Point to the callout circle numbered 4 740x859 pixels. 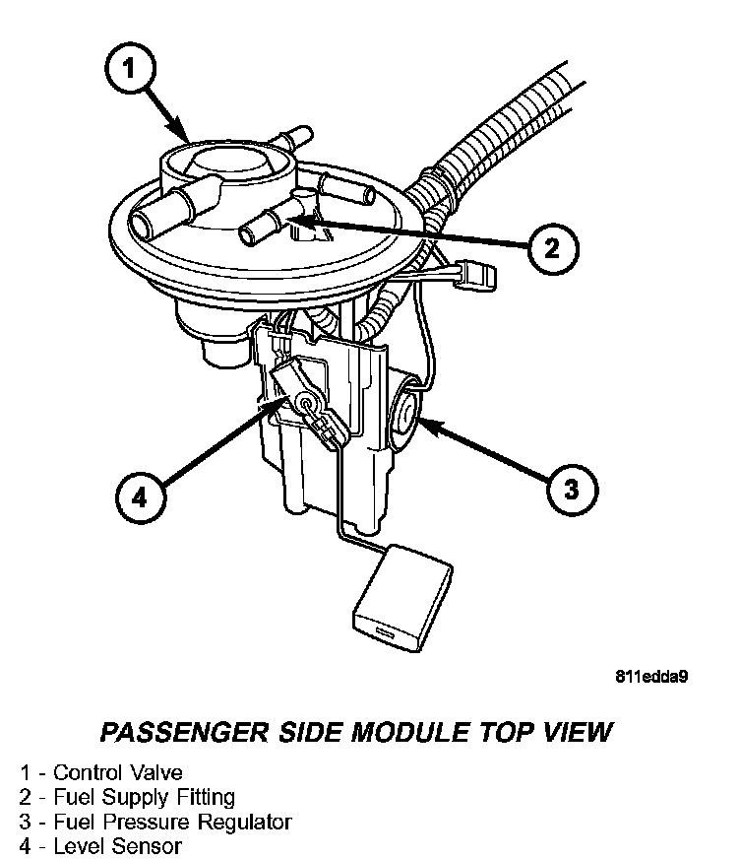[x=139, y=498]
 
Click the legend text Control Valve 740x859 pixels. [x=117, y=772]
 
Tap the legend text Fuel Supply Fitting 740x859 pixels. [x=144, y=797]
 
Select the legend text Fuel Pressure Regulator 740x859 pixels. [x=172, y=821]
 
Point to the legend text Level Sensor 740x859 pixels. [x=117, y=845]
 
